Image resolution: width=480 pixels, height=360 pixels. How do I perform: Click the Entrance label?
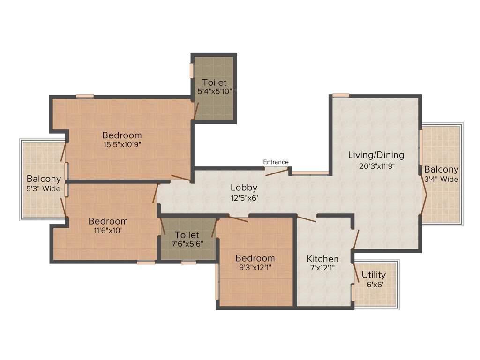click(x=276, y=162)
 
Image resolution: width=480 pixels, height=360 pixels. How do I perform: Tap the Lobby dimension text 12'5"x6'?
click(x=244, y=198)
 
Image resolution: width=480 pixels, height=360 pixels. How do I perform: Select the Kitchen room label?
click(x=322, y=259)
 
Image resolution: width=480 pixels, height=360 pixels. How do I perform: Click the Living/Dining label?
click(x=376, y=155)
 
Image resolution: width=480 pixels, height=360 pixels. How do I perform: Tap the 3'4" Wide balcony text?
click(x=441, y=179)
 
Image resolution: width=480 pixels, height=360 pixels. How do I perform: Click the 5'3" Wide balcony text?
click(x=44, y=189)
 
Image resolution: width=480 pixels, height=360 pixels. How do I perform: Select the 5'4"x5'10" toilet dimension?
click(x=214, y=92)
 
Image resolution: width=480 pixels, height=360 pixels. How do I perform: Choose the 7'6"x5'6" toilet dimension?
click(x=187, y=244)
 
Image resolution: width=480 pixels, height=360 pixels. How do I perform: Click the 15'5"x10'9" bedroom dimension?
click(x=122, y=144)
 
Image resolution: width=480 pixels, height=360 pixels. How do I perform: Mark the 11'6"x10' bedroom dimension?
click(x=108, y=231)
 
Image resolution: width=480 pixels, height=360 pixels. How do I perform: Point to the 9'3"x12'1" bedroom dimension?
click(x=255, y=268)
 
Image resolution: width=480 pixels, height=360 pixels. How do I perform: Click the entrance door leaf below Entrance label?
click(x=277, y=172)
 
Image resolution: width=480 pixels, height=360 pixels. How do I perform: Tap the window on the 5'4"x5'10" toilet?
click(x=192, y=70)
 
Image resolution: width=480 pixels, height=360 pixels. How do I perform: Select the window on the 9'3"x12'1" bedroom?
click(x=217, y=281)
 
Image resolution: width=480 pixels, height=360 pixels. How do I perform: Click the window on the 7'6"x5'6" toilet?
click(x=189, y=262)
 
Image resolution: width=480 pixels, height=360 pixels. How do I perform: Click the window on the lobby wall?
click(x=311, y=173)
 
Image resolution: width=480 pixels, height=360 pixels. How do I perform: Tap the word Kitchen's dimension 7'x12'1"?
click(x=322, y=269)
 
